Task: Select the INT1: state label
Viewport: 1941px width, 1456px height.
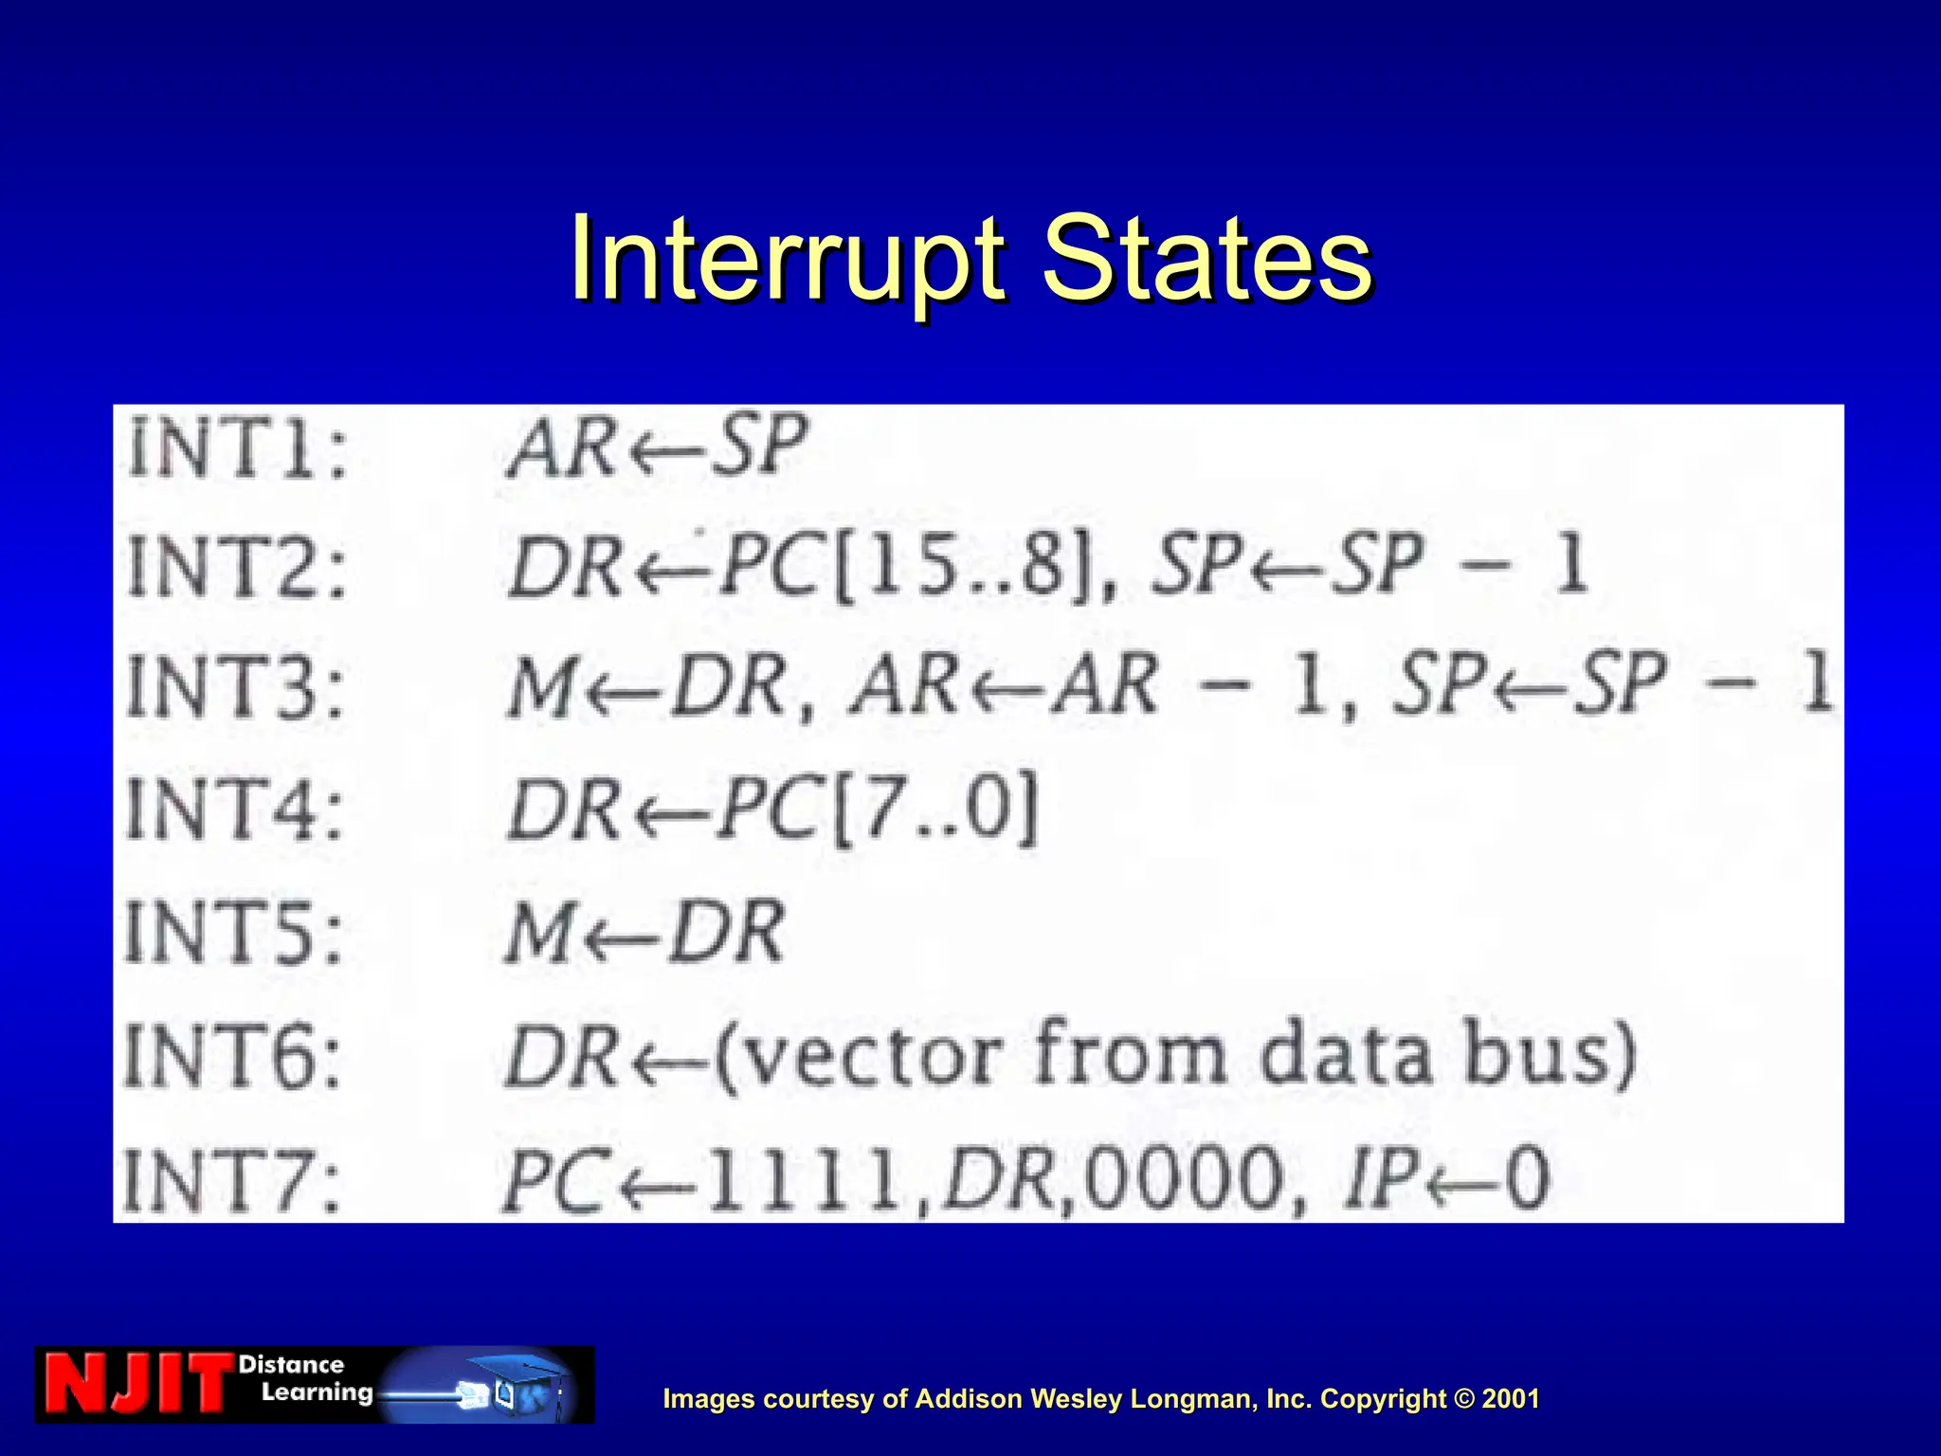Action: tap(237, 448)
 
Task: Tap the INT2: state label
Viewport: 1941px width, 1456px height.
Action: tap(237, 566)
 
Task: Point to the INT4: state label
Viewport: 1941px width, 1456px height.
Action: tap(234, 808)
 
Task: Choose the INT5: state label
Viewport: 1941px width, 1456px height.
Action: tap(233, 932)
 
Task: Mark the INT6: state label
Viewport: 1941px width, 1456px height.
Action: tap(232, 1055)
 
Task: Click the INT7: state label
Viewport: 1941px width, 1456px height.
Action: tap(231, 1180)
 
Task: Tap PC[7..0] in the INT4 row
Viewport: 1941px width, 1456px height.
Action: tap(877, 808)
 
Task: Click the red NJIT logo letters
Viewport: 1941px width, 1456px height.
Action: tap(138, 1384)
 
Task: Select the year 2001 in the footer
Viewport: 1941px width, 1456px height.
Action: tap(1511, 1399)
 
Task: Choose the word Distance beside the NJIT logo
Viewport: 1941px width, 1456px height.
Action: tap(291, 1365)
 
